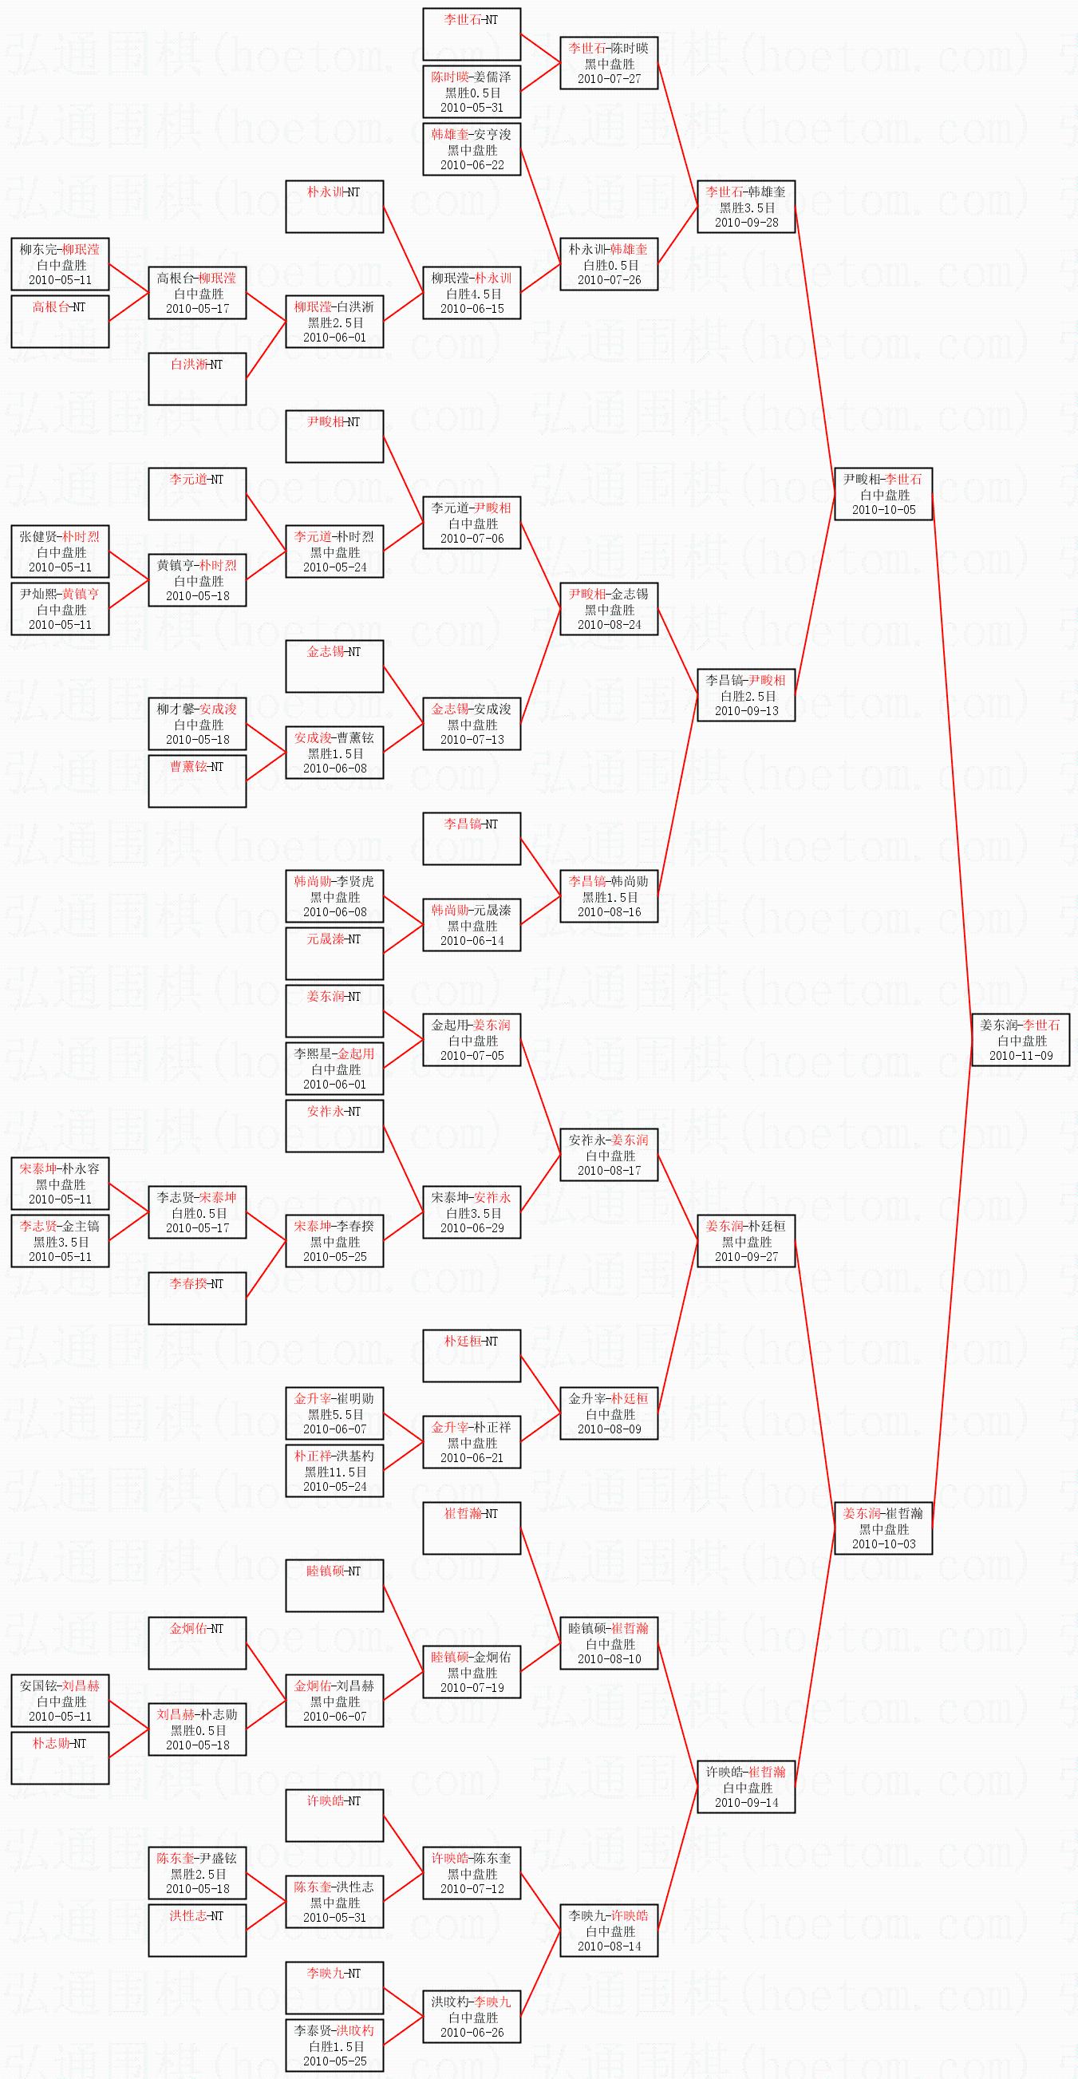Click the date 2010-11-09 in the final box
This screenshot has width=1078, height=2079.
[x=1021, y=1055]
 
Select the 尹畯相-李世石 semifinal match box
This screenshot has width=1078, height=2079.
[x=883, y=494]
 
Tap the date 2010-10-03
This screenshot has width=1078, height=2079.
[x=883, y=1544]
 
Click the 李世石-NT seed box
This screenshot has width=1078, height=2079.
[x=472, y=34]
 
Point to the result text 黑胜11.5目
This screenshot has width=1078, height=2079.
[x=335, y=1472]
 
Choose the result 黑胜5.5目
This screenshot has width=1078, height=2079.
[x=335, y=1414]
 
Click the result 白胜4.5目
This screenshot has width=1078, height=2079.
[x=472, y=294]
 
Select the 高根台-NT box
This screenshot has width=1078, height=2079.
[x=60, y=321]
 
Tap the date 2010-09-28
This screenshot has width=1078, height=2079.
[x=746, y=222]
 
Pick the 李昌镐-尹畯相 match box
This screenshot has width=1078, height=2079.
[x=746, y=695]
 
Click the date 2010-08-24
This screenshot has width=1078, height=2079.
[x=609, y=624]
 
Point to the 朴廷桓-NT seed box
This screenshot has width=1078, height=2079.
[x=472, y=1356]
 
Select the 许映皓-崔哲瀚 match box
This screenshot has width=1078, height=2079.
[x=746, y=1787]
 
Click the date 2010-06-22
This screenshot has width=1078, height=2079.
[x=472, y=164]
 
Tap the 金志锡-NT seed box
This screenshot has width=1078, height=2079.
[x=334, y=666]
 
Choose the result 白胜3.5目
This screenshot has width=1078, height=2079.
[x=472, y=1213]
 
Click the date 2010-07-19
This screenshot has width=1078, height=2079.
[x=472, y=1687]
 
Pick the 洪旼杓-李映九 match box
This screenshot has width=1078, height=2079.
[x=472, y=2016]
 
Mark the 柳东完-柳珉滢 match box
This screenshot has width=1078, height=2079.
[x=60, y=264]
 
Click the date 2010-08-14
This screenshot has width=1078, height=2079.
[x=609, y=1946]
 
